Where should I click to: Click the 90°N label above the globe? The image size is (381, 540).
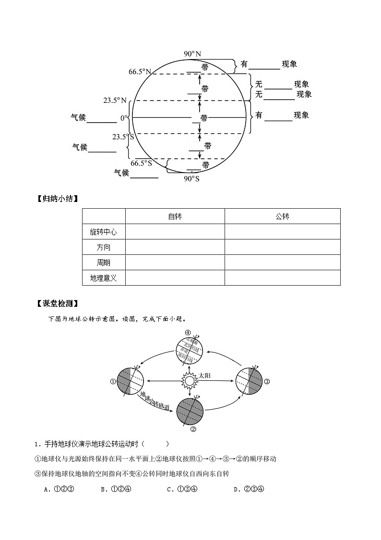pyautogui.click(x=192, y=54)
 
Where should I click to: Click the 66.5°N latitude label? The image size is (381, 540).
pyautogui.click(x=140, y=72)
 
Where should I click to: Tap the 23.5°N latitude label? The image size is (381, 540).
pyautogui.click(x=115, y=100)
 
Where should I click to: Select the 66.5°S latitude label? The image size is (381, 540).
pyautogui.click(x=141, y=163)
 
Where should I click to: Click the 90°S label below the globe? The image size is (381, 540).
pyautogui.click(x=191, y=178)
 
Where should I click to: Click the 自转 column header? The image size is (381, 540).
pyautogui.click(x=175, y=216)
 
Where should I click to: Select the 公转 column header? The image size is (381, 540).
pyautogui.click(x=282, y=216)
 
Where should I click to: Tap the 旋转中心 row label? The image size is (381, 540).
pyautogui.click(x=104, y=232)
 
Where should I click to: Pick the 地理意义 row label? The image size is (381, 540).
pyautogui.click(x=104, y=277)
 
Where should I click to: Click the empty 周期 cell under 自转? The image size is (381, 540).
pyautogui.click(x=175, y=263)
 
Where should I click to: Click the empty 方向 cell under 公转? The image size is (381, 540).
pyautogui.click(x=282, y=247)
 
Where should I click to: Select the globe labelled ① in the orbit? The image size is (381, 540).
pyautogui.click(x=131, y=381)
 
